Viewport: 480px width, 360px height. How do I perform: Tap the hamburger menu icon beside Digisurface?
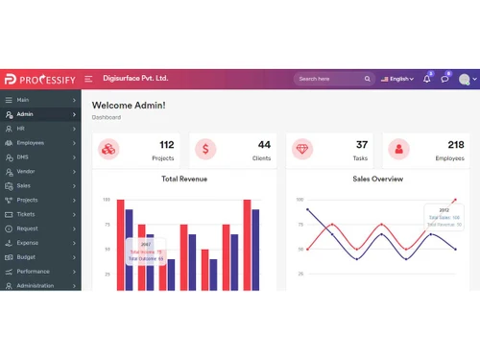88,79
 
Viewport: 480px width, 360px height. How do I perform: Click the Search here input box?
330,79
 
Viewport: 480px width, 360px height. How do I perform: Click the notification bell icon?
426,79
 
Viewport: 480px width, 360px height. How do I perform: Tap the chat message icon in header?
444,79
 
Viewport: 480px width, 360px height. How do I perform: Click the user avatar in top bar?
465,79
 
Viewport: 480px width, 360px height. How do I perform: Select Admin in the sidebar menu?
25,114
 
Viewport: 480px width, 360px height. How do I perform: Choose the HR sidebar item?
20,129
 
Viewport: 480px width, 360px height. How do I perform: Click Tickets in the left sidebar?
26,214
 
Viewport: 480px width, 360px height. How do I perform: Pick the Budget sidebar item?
26,257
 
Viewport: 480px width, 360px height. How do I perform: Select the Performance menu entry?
33,272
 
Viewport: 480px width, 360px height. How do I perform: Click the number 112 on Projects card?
166,144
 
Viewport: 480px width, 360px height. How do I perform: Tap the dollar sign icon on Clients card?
206,149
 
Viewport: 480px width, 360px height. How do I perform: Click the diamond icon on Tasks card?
303,149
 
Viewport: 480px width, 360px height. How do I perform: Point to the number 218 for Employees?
455,144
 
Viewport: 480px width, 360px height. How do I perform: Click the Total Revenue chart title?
184,179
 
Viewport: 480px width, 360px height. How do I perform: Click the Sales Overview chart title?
377,179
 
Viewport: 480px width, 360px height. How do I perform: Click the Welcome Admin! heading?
129,105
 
